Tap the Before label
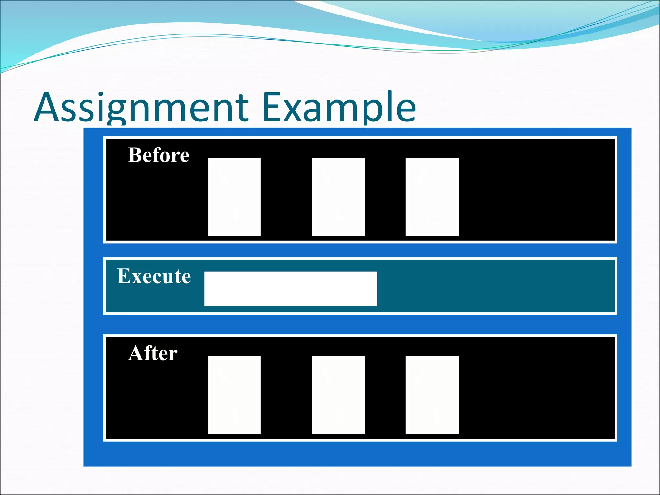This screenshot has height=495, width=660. pyautogui.click(x=159, y=155)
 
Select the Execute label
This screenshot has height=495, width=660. pyautogui.click(x=154, y=276)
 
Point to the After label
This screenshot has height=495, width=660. pyautogui.click(x=152, y=353)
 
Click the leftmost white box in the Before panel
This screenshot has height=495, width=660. pyautogui.click(x=234, y=197)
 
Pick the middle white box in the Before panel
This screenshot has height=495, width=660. pyautogui.click(x=338, y=197)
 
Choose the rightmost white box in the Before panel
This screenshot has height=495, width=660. pyautogui.click(x=432, y=197)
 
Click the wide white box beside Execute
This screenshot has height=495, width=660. pyautogui.click(x=291, y=288)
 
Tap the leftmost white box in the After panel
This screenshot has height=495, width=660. pyautogui.click(x=234, y=395)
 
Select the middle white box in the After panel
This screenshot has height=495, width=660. pyautogui.click(x=338, y=395)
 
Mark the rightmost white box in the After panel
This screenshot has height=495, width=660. pyautogui.click(x=432, y=395)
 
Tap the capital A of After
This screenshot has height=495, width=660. pyautogui.click(x=136, y=353)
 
